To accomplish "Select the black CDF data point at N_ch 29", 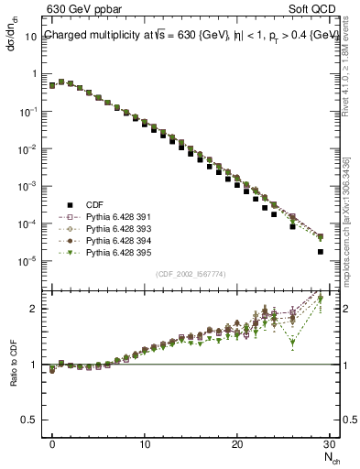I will coord(321,251).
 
